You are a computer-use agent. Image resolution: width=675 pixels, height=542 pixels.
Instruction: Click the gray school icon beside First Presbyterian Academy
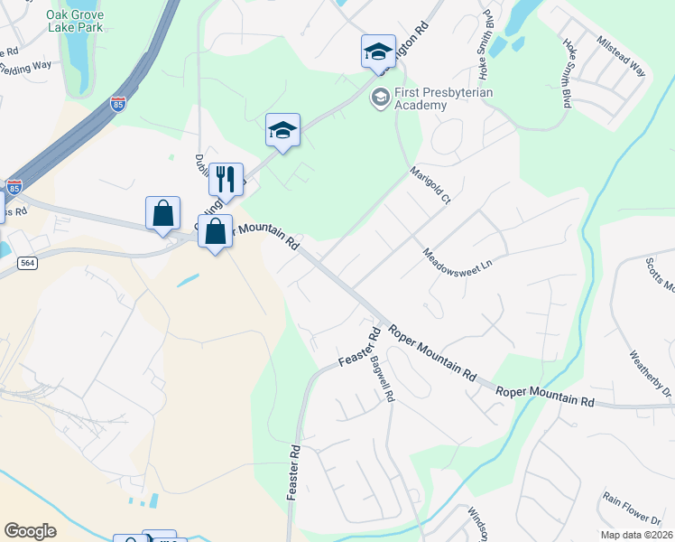[381, 96]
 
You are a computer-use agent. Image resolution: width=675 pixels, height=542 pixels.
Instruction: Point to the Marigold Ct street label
[430, 184]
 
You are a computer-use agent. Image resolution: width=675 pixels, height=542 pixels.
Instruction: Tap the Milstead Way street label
[622, 57]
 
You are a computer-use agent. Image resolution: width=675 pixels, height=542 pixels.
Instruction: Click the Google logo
[30, 531]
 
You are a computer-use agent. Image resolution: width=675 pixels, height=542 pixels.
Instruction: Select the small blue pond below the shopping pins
[189, 280]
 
